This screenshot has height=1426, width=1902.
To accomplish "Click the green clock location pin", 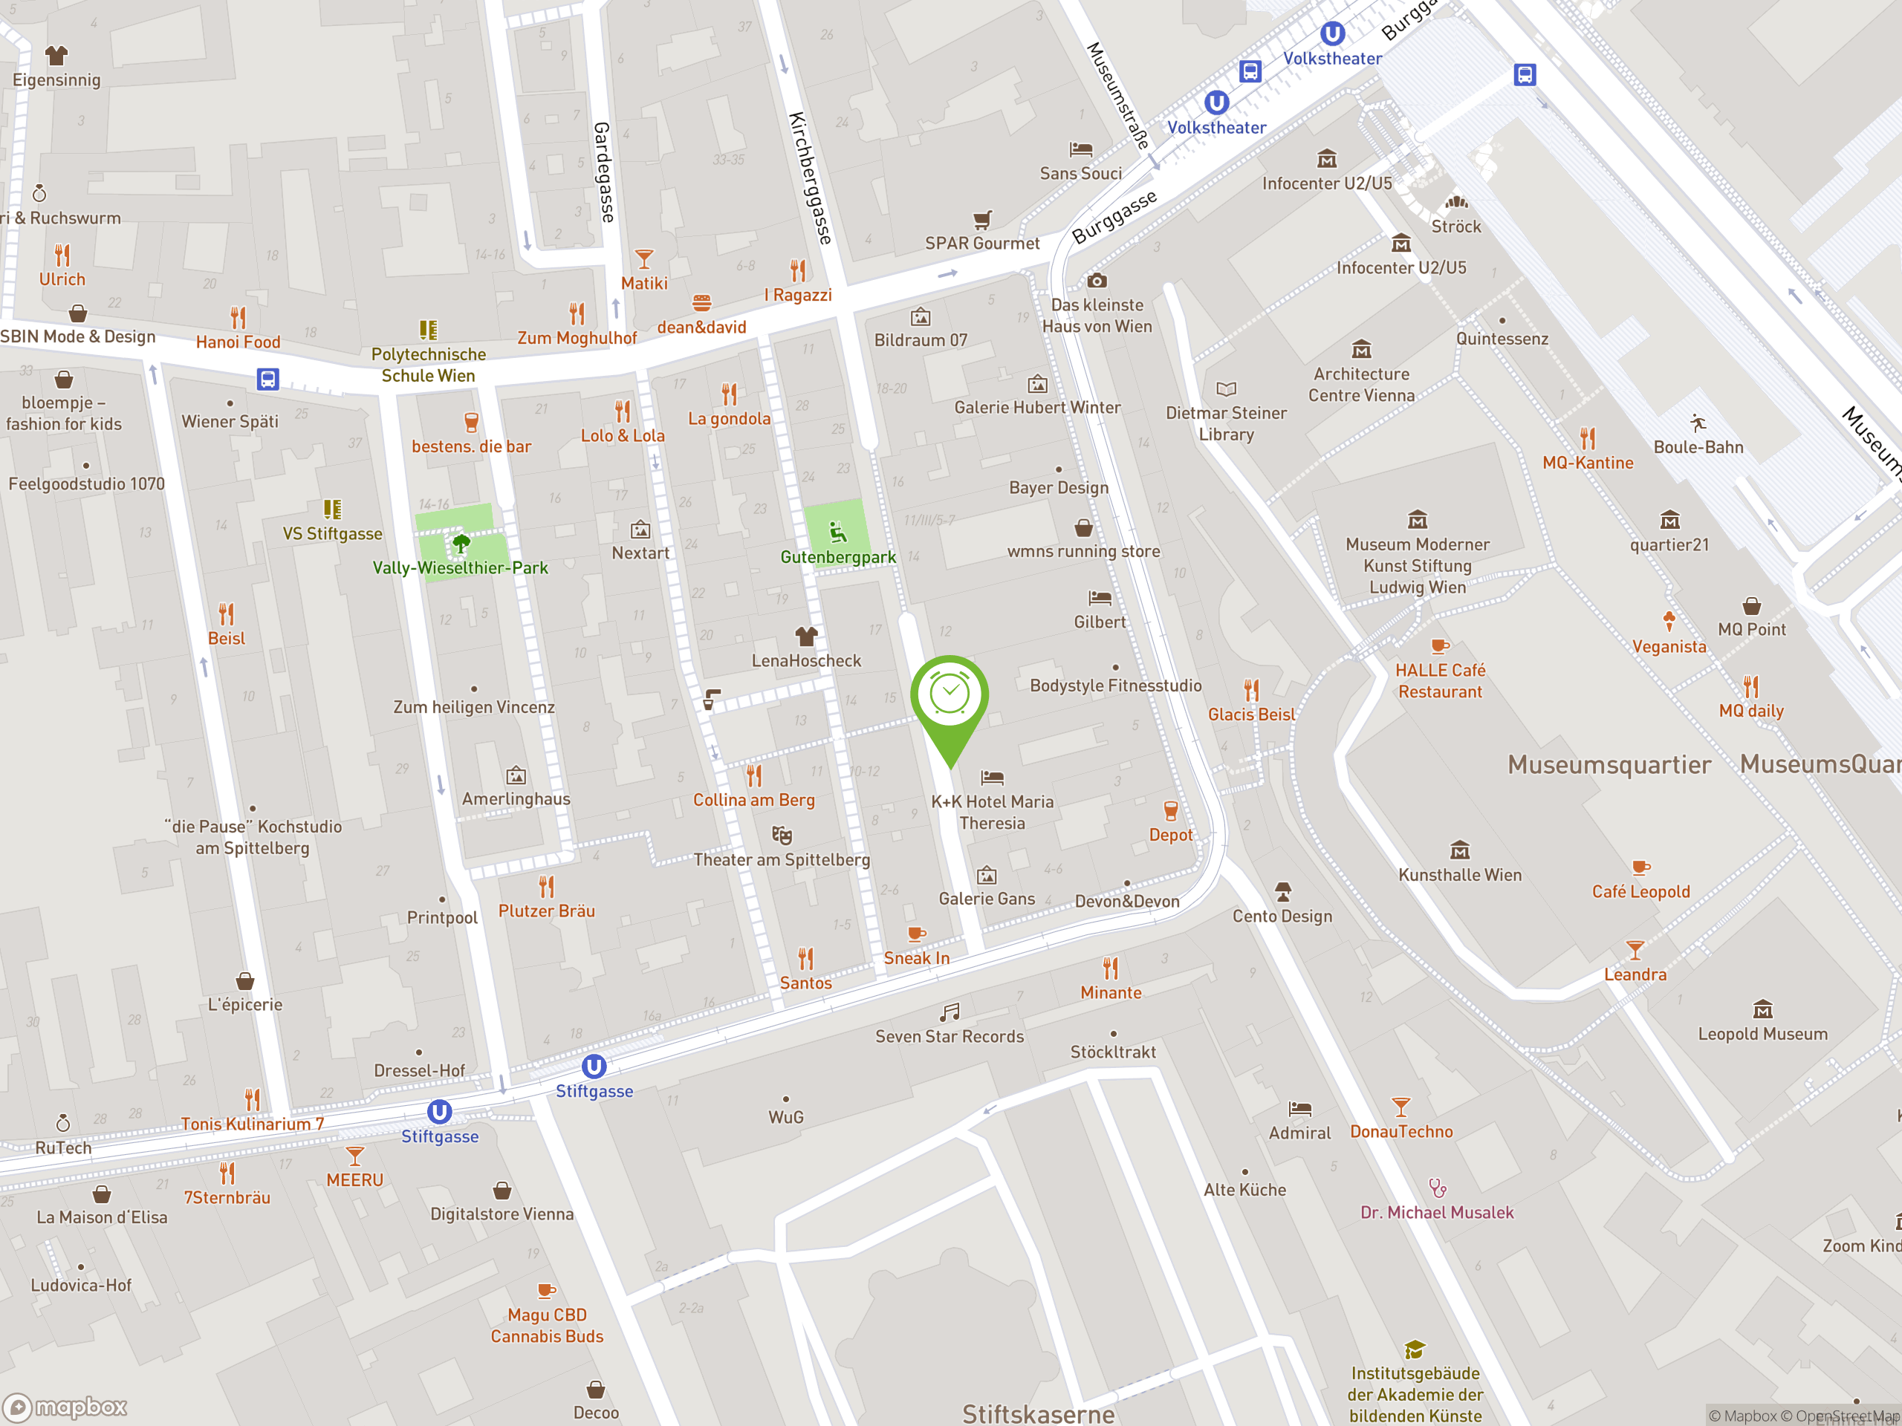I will coord(950,696).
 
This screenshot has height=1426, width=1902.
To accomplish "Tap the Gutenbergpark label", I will coord(837,557).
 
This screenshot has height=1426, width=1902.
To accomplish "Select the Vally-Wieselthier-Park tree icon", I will coord(461,542).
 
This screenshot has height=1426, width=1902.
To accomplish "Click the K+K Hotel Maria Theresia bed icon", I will coord(993,777).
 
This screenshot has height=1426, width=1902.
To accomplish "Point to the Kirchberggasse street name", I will coord(810,178).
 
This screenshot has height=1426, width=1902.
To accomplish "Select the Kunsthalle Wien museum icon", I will coord(1459,850).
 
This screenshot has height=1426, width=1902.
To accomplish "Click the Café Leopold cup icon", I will coord(1640,867).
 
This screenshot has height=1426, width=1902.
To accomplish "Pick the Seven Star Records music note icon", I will coord(950,1012).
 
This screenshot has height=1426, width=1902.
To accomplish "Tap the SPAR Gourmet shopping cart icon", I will coord(982,219).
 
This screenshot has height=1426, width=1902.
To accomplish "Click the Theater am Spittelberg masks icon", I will coord(781,835).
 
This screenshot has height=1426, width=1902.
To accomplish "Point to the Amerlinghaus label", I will coord(516,798).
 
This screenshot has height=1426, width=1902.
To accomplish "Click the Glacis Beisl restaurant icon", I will coord(1251,689).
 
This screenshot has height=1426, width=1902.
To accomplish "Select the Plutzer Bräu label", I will coord(546,911).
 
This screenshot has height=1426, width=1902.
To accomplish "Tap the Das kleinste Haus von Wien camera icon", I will coord(1097,281).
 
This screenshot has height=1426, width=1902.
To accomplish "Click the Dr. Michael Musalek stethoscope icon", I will coord(1437,1188).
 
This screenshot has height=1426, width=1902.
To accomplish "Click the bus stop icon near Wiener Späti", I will coord(267,379).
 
